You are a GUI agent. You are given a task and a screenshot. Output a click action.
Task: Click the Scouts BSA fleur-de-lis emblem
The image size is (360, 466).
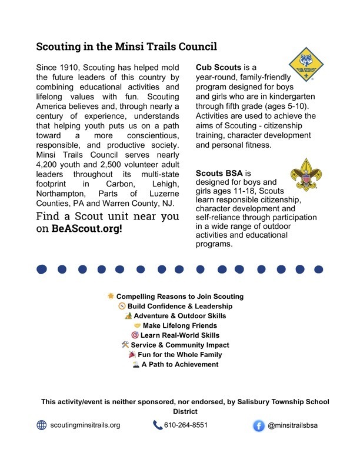306,174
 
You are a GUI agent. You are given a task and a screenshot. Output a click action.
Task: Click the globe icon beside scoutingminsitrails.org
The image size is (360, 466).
41,425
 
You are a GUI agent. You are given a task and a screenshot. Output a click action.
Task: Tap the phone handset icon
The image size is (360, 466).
157,425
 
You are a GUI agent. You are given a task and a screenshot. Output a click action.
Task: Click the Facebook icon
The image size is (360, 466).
258,425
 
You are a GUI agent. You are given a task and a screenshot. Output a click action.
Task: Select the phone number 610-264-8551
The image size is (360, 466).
186,425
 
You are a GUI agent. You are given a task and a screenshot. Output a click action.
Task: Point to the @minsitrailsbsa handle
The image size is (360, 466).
292,425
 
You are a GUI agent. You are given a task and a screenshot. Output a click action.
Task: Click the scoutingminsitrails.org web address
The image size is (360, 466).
85,425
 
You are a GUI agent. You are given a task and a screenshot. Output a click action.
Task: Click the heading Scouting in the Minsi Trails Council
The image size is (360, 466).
126,46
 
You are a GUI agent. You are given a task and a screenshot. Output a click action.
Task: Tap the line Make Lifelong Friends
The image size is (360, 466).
180,325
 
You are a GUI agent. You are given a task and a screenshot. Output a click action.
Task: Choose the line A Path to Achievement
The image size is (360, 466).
180,364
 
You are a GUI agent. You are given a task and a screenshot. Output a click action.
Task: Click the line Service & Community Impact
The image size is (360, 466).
180,345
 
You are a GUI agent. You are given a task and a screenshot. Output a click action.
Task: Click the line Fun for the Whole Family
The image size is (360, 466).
180,355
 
